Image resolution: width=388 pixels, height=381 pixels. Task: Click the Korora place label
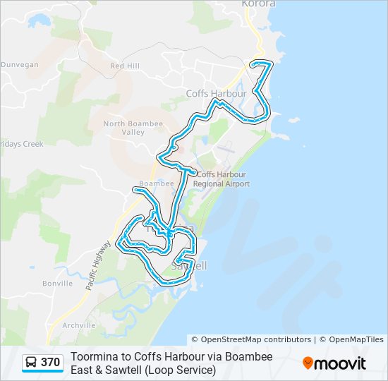(257, 4)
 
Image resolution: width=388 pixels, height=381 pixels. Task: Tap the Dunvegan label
(19, 64)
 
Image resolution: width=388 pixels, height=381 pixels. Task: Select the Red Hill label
(125, 66)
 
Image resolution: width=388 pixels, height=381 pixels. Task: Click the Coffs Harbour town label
(216, 93)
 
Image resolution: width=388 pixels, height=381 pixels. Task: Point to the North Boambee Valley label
(133, 128)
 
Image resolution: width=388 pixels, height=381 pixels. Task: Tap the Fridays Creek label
(21, 144)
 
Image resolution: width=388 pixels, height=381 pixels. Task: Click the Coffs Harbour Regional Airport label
(224, 179)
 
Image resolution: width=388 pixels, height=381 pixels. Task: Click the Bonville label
(58, 284)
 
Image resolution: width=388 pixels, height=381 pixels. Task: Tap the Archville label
(78, 325)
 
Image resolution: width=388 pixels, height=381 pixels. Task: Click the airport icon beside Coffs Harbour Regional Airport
(193, 174)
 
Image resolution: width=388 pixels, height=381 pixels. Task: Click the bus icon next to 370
(32, 363)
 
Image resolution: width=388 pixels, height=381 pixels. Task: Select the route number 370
(50, 363)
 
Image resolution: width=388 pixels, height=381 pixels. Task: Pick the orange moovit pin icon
(308, 363)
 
